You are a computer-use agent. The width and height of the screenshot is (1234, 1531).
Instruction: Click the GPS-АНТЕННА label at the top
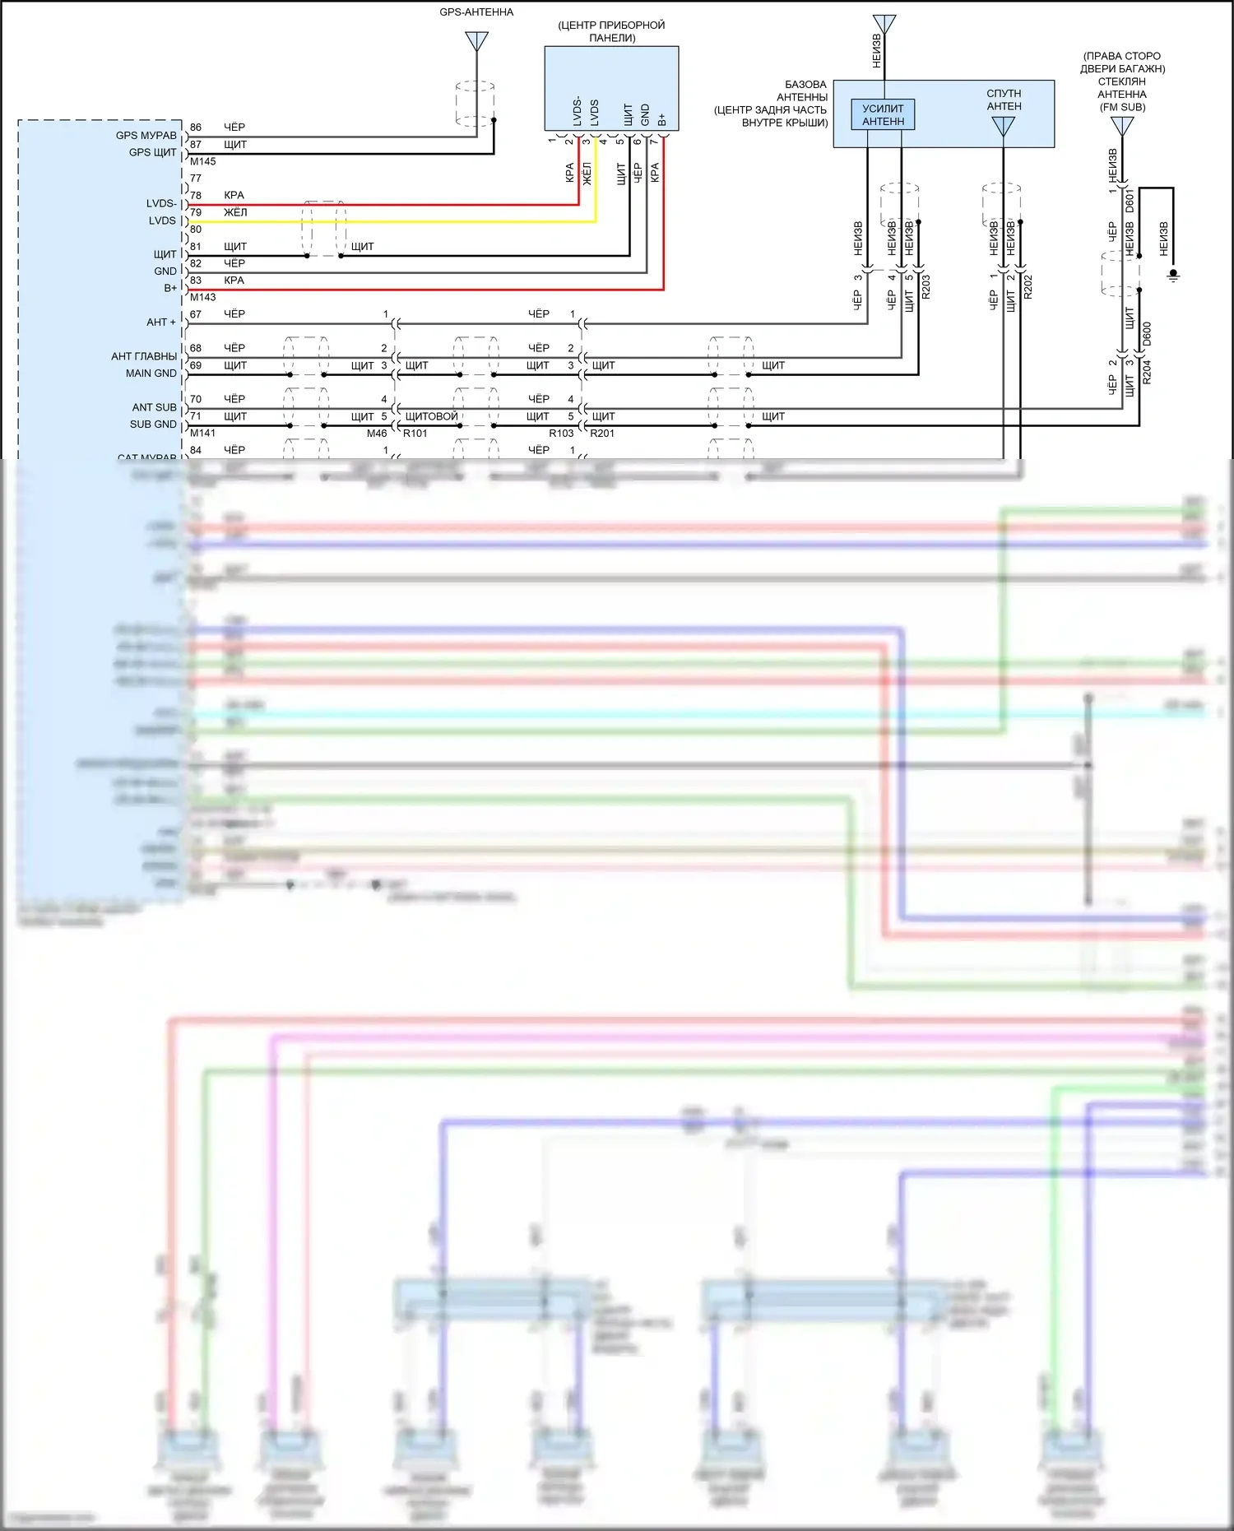point(476,12)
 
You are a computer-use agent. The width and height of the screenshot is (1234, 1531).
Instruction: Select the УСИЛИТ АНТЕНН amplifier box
point(883,114)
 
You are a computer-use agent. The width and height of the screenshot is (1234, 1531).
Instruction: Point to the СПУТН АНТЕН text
point(1004,100)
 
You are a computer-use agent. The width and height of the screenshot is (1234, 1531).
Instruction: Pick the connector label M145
point(203,161)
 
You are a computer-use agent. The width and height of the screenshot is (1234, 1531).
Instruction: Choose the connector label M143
point(203,297)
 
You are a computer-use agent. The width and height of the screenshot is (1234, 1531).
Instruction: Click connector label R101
point(415,434)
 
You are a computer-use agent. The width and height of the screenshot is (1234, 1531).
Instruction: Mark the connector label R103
point(561,434)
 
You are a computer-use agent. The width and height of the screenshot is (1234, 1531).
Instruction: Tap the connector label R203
point(926,286)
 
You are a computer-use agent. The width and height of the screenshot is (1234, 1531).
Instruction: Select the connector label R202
point(1028,286)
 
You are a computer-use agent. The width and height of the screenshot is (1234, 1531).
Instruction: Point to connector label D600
point(1148,333)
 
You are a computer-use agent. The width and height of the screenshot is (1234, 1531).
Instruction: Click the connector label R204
point(1148,372)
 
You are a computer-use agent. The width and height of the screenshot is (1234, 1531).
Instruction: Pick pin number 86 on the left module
point(196,128)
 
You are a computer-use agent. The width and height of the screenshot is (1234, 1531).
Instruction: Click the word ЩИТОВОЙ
point(431,416)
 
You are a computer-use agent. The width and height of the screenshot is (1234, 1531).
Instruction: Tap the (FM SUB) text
point(1122,107)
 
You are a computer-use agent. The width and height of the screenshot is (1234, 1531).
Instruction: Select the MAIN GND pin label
point(151,373)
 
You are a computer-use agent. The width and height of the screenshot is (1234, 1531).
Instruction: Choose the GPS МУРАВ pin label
point(146,136)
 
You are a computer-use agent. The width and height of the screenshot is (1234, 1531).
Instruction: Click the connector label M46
point(377,434)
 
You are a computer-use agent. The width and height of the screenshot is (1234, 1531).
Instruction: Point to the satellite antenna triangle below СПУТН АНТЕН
point(1004,126)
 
